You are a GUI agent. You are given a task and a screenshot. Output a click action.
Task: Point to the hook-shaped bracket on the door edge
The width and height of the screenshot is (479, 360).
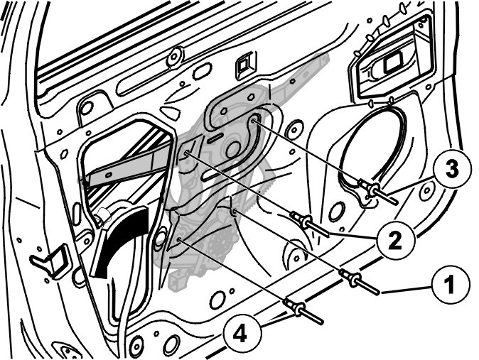click(x=51, y=261)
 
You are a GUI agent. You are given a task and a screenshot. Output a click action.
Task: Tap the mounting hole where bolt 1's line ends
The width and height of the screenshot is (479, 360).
click(x=235, y=210)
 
